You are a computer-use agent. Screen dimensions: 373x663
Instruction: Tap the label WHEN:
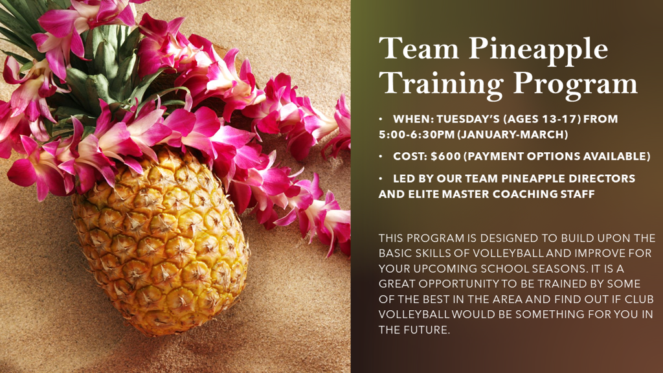(412, 119)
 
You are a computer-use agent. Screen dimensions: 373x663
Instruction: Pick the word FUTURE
(424, 330)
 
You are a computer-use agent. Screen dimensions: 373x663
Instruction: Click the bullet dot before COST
(382, 156)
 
